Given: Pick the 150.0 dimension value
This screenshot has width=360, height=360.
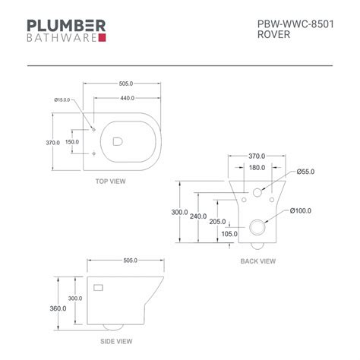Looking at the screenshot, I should tap(71, 142).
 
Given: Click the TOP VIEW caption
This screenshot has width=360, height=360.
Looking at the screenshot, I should tap(110, 182).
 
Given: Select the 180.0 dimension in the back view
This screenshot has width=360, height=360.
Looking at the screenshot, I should tap(257, 168).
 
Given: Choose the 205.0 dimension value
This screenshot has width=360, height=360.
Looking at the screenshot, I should tap(219, 221).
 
